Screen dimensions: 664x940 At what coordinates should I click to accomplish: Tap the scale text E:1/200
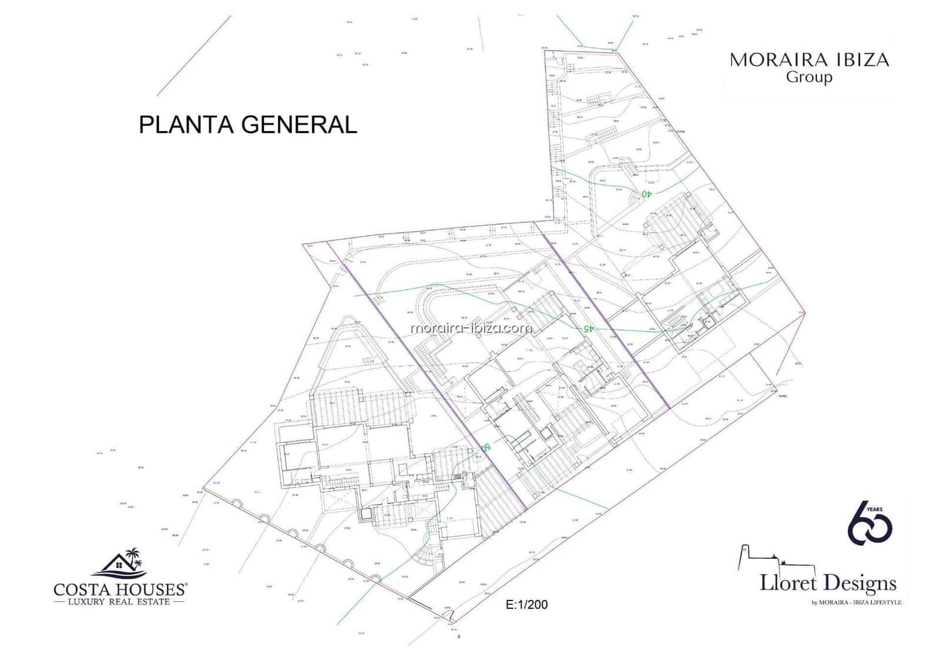tap(526, 605)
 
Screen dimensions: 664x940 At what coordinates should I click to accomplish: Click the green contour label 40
tap(646, 193)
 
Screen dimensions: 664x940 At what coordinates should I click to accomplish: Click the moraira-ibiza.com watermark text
tap(471, 328)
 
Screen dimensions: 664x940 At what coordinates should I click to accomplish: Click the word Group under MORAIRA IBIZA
tap(809, 77)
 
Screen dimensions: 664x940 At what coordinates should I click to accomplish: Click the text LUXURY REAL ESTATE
tap(119, 602)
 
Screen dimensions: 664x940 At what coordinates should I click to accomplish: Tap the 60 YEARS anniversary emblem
tap(870, 523)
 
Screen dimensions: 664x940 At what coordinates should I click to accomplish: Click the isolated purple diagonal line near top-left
tap(194, 55)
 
